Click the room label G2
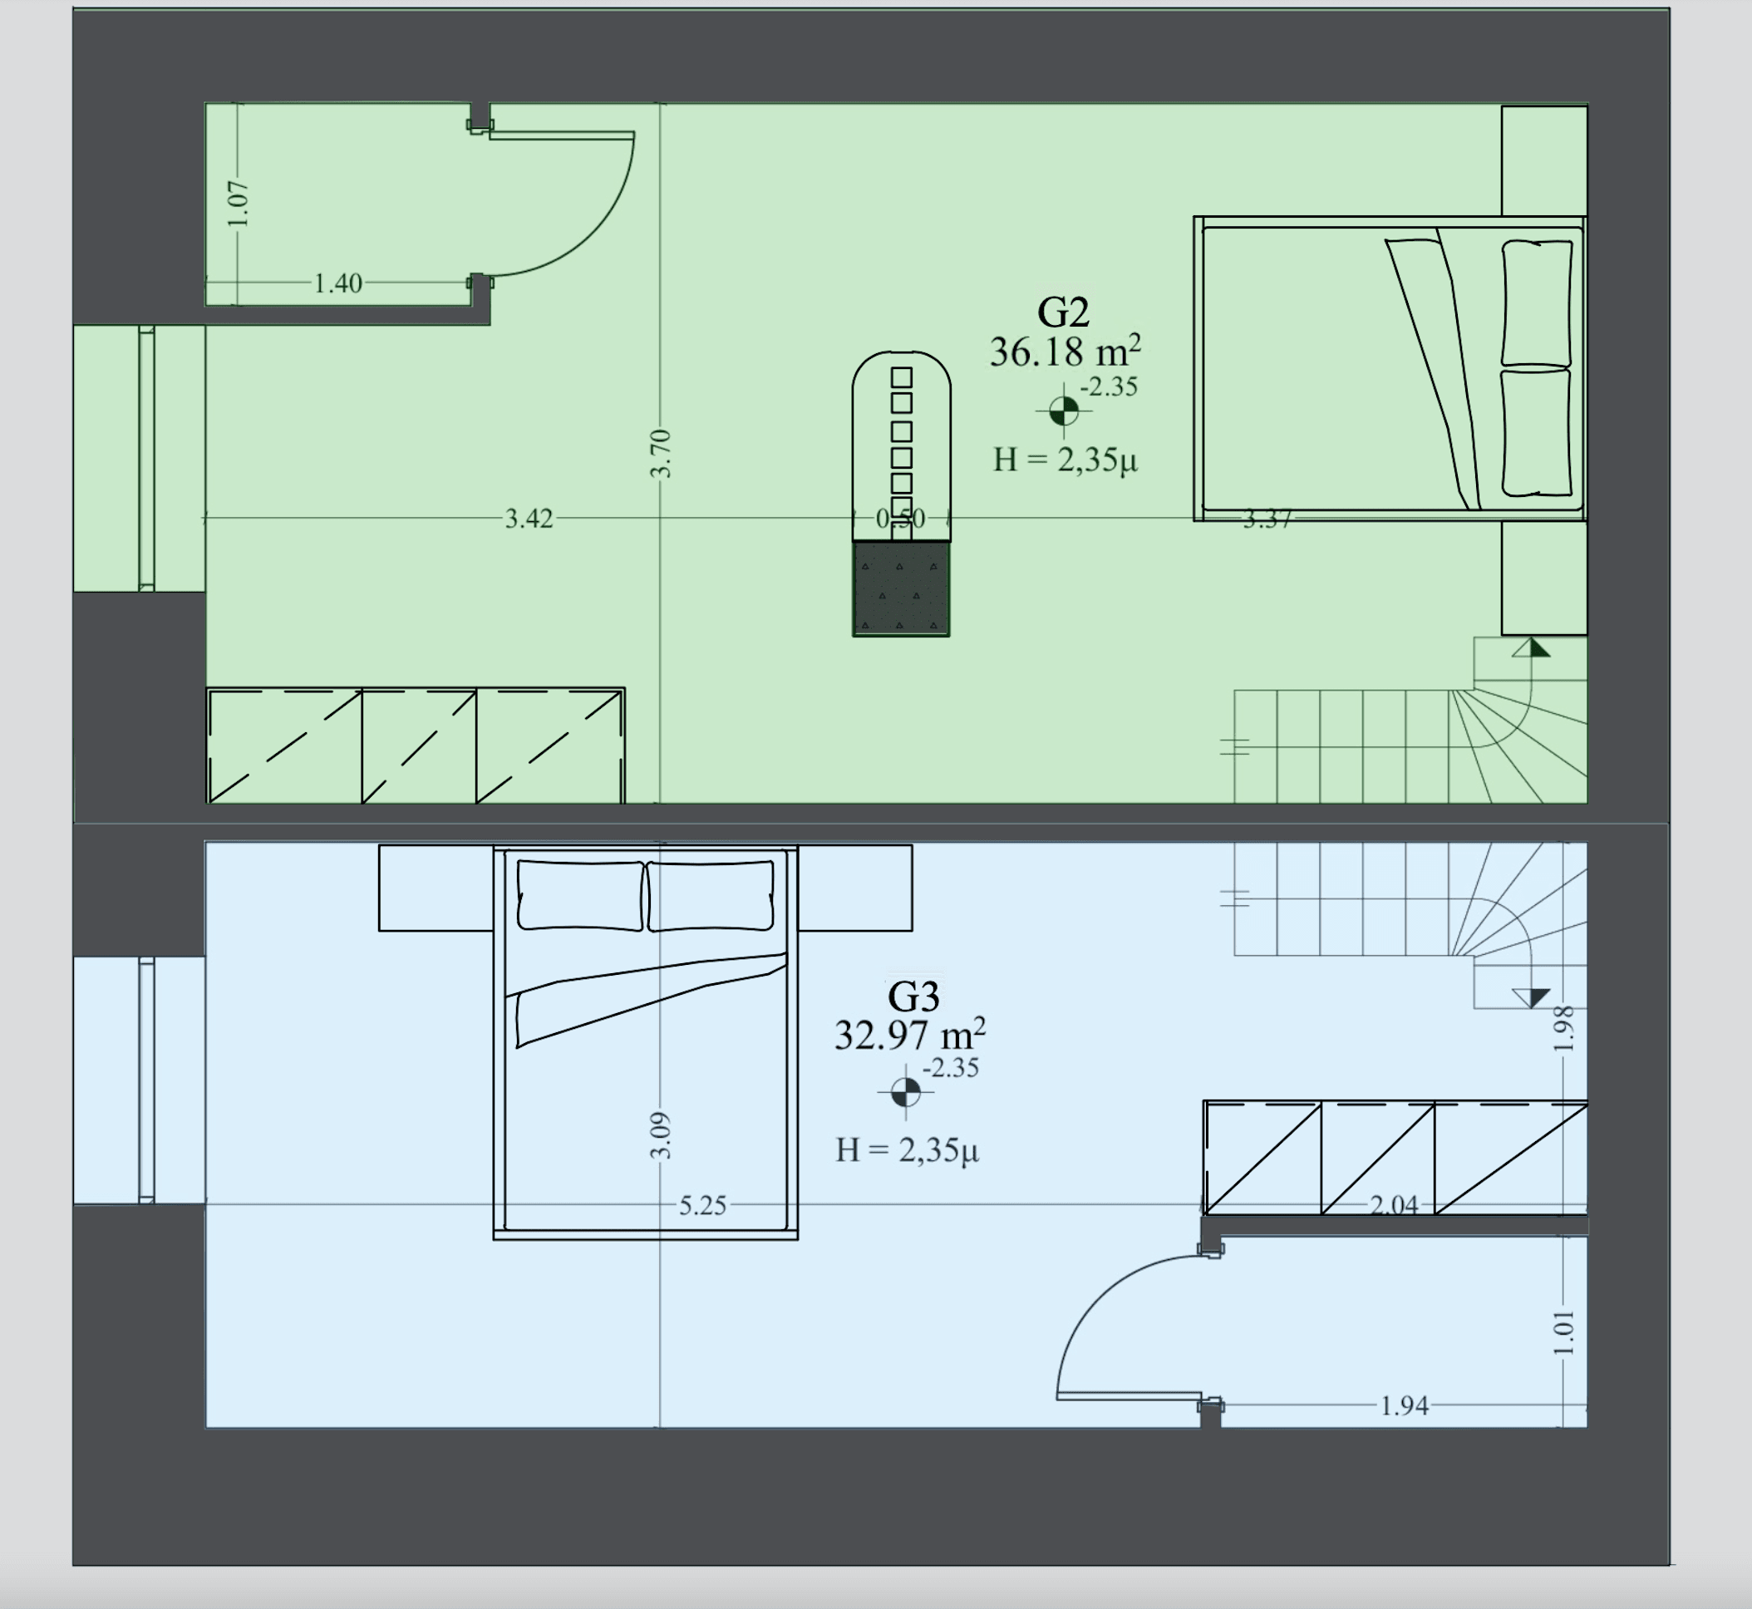1062,312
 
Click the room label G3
913,996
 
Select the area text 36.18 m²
1065,351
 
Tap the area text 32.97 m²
910,1035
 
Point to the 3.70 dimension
661,454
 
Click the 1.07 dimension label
238,204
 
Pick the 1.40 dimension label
338,283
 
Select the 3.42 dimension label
529,519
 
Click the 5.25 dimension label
701,1206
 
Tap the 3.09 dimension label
661,1136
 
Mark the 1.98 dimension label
1564,1028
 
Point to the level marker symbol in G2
1063,411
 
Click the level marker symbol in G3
906,1092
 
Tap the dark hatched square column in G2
900,588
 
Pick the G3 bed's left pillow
581,895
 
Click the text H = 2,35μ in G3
908,1150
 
